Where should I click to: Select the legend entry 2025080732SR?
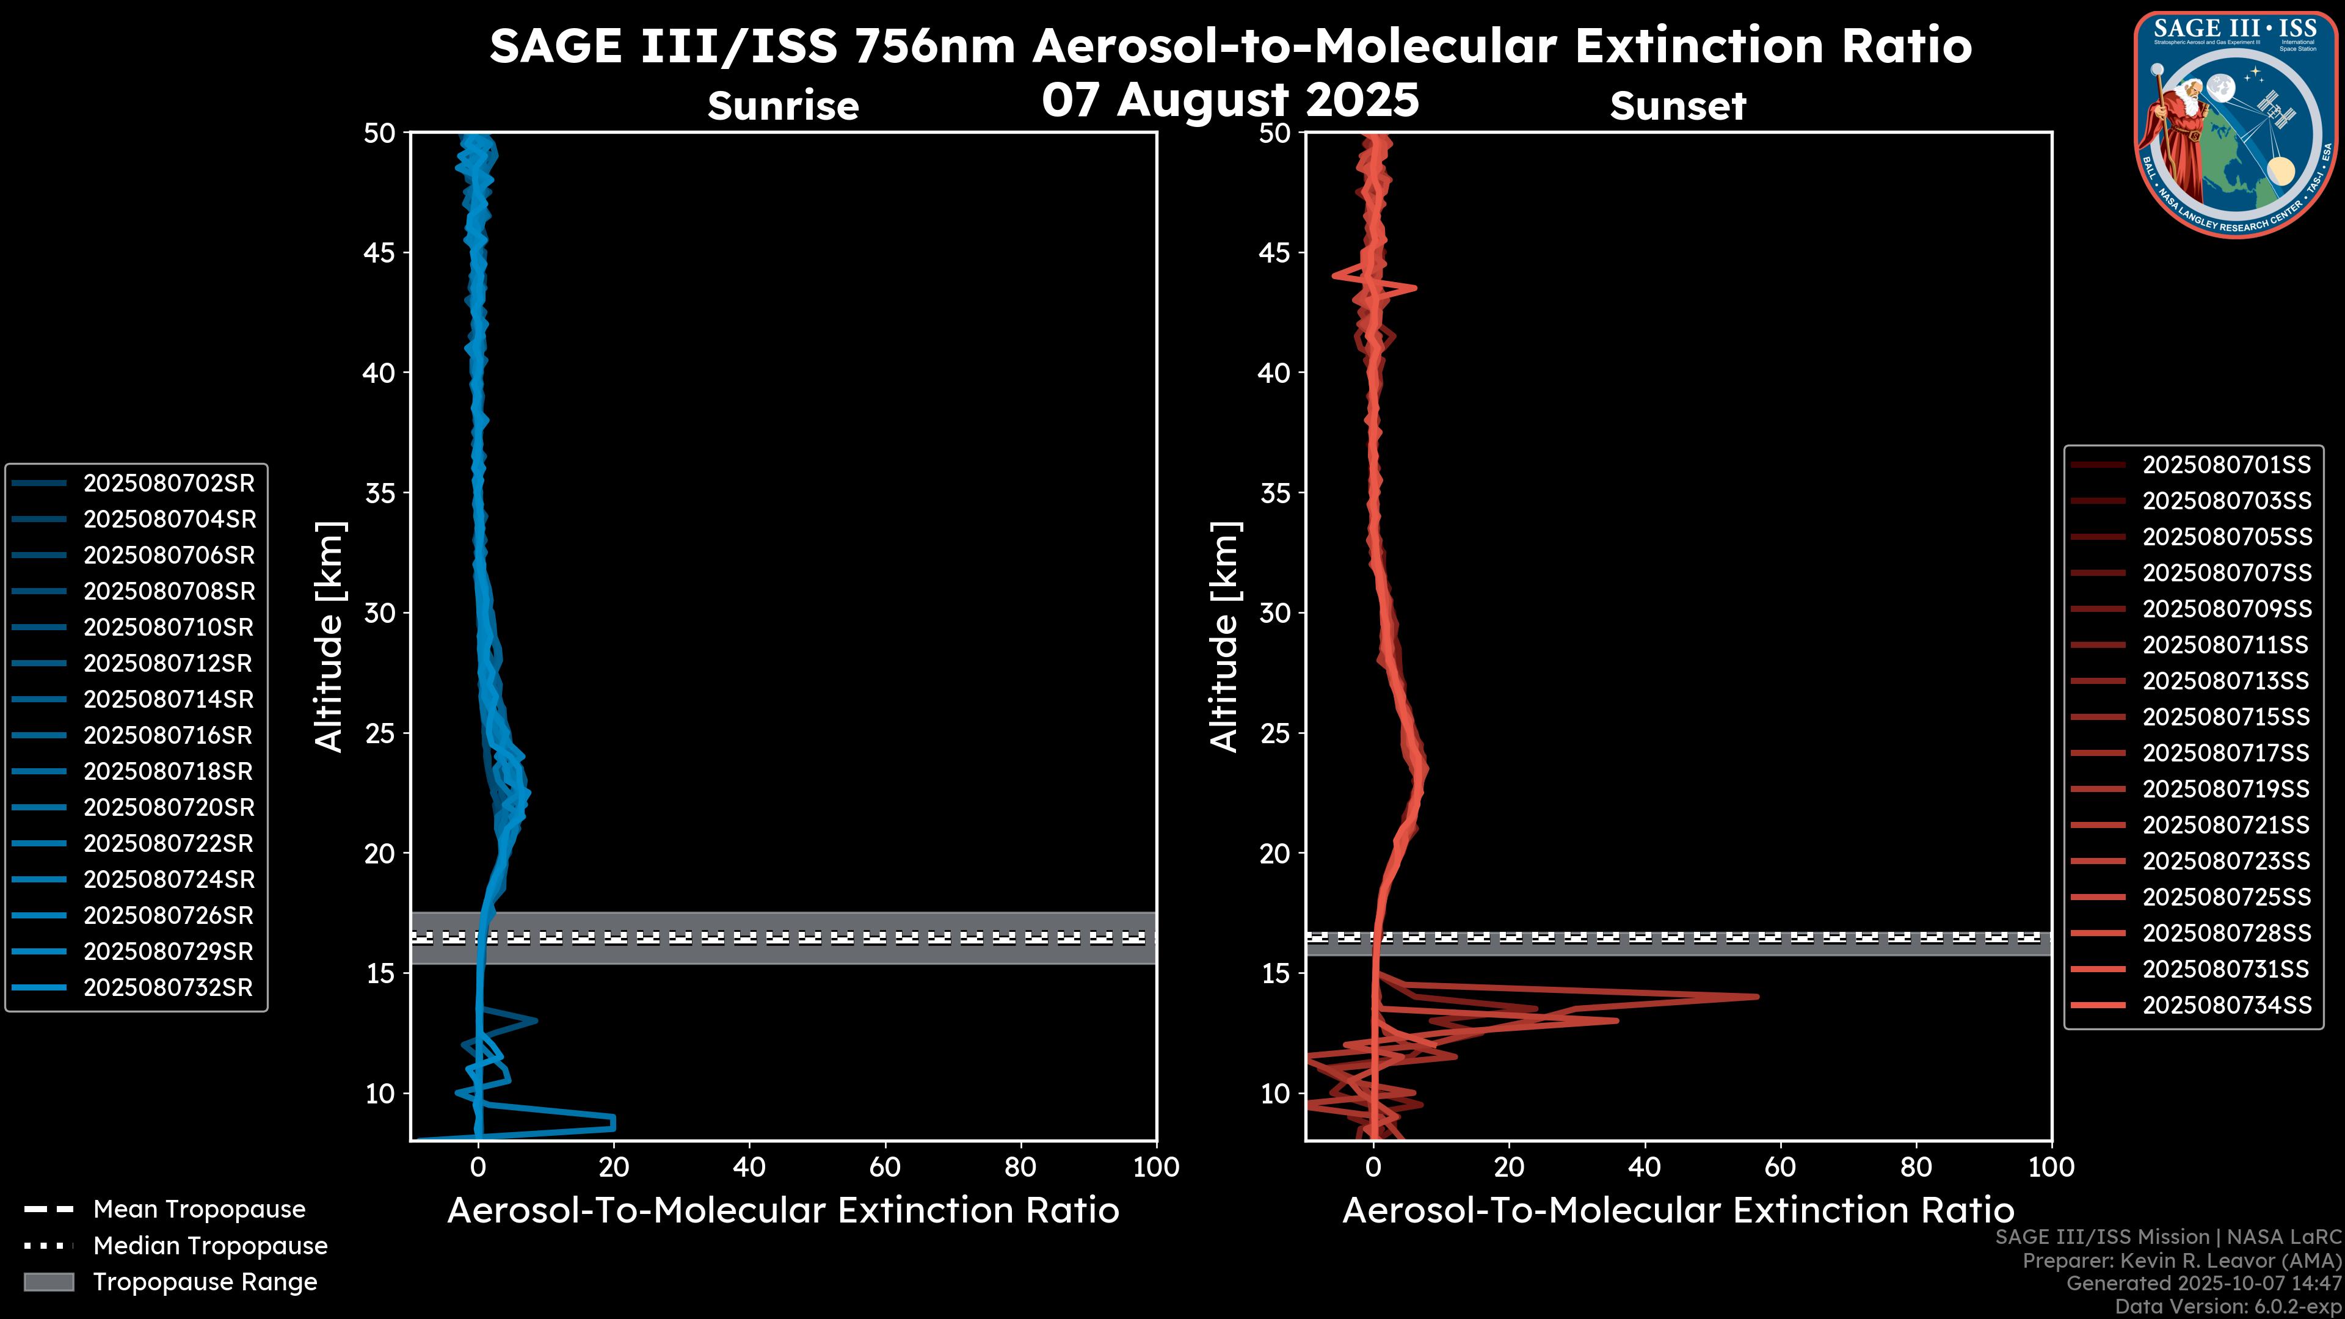click(169, 987)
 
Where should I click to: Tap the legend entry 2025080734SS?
click(2226, 1005)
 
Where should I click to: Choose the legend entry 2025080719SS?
click(2226, 789)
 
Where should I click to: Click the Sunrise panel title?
click(783, 106)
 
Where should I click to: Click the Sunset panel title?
click(1678, 106)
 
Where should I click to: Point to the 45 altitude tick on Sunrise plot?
click(380, 253)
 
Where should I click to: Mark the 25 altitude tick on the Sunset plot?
click(1274, 733)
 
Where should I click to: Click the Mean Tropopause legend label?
click(199, 1209)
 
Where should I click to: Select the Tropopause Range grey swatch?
click(49, 1282)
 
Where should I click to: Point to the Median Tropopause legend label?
click(210, 1245)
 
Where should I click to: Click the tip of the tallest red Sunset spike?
click(1756, 997)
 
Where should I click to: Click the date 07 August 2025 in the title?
click(1230, 100)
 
